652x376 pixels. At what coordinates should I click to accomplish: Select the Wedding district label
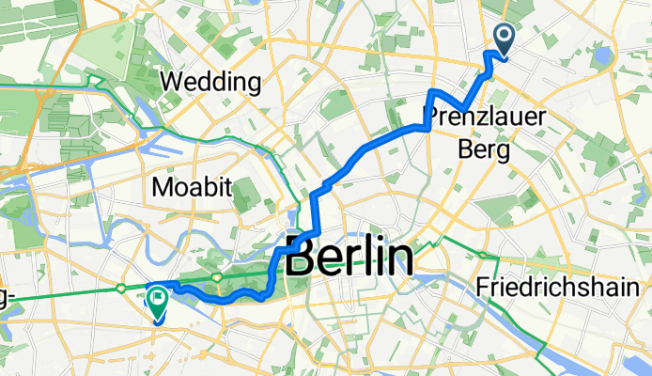210,83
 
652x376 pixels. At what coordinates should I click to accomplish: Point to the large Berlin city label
349,257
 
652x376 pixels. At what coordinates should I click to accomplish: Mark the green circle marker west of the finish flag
123,290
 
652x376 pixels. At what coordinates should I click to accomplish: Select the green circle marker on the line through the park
217,277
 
